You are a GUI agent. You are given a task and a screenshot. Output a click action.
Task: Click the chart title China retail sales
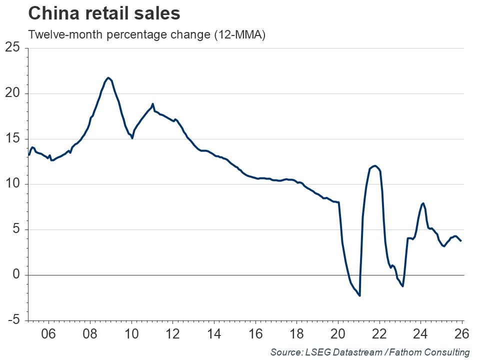pyautogui.click(x=104, y=13)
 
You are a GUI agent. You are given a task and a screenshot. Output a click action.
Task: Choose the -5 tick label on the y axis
pyautogui.click(x=14, y=320)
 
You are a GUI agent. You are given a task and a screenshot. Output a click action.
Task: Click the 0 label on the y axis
pyautogui.click(x=16, y=275)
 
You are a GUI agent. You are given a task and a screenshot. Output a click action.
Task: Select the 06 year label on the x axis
pyautogui.click(x=48, y=333)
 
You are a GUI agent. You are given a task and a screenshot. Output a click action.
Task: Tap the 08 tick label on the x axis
pyautogui.click(x=90, y=333)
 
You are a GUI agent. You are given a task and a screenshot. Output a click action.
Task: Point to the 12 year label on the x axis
pyautogui.click(x=172, y=333)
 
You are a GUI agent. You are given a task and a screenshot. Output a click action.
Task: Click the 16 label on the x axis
pyautogui.click(x=255, y=333)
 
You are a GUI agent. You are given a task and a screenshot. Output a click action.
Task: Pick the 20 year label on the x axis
pyautogui.click(x=338, y=333)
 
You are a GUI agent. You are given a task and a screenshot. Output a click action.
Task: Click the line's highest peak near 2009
pyautogui.click(x=108, y=78)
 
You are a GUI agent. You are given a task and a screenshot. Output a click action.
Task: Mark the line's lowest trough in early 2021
pyautogui.click(x=360, y=295)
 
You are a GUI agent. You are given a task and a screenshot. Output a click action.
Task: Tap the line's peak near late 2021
pyautogui.click(x=375, y=165)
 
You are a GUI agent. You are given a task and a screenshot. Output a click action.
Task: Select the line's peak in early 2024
pyautogui.click(x=423, y=203)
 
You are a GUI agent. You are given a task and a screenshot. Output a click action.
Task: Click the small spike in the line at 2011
pyautogui.click(x=152, y=104)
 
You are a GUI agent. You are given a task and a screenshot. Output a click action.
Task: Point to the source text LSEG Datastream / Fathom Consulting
pyautogui.click(x=370, y=352)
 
